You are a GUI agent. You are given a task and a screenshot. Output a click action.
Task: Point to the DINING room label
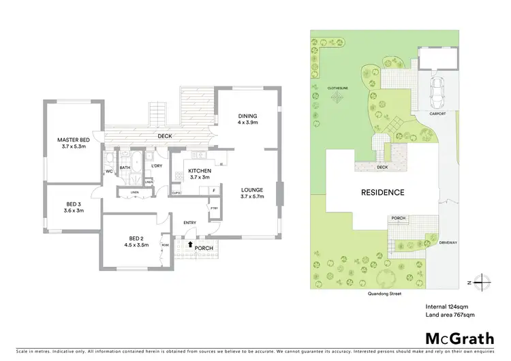[x=247, y=115]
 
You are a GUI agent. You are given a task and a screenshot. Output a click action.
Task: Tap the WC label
[x=109, y=172]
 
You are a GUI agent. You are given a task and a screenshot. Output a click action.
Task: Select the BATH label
[x=125, y=167]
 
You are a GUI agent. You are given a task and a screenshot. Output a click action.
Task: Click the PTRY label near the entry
[x=214, y=208]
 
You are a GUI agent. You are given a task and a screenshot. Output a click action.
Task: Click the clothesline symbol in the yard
[x=337, y=98]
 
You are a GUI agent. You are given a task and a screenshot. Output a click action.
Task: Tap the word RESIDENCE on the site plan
[x=382, y=192]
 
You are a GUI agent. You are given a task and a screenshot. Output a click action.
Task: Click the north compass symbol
[x=482, y=280]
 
